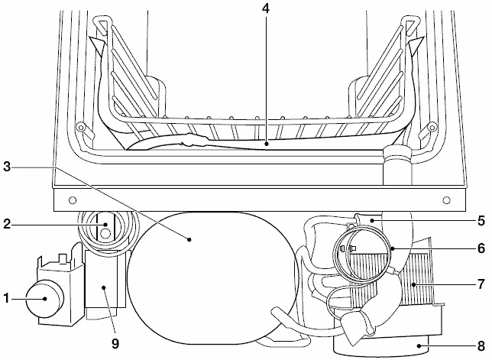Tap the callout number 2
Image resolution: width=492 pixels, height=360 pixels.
click(8, 225)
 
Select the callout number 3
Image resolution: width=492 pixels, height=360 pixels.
click(8, 166)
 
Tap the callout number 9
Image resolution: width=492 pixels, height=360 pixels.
click(115, 344)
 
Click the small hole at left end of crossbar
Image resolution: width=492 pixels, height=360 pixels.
click(71, 200)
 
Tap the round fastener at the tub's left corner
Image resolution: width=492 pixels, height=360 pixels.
click(79, 126)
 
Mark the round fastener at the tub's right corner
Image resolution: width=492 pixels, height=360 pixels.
click(432, 126)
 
